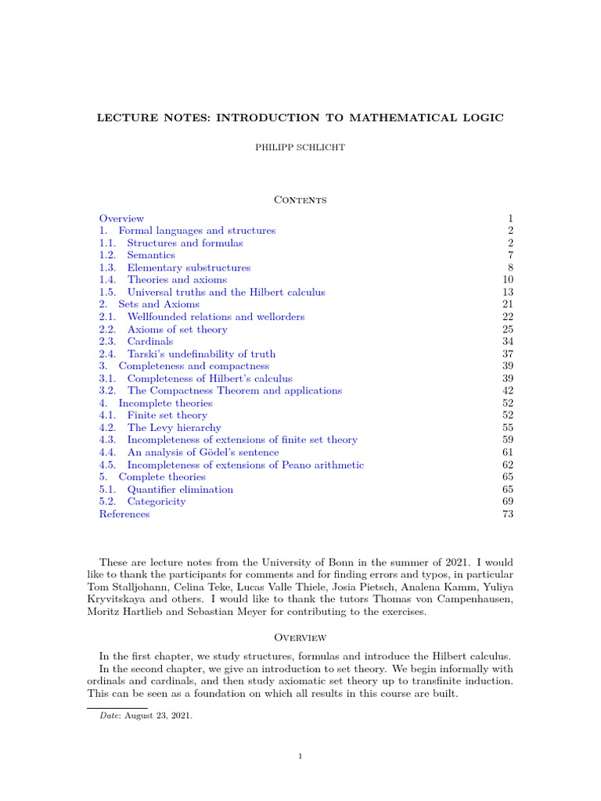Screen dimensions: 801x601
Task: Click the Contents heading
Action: tap(300, 200)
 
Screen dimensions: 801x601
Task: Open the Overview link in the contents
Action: tap(121, 218)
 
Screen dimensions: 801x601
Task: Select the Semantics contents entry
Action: tap(151, 255)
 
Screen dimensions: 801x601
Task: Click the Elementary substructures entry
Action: tap(189, 268)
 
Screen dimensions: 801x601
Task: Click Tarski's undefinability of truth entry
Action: tap(201, 354)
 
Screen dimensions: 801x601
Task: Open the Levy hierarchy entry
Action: tap(174, 428)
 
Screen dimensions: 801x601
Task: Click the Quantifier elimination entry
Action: tap(180, 489)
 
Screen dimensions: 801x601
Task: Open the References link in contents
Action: tap(124, 514)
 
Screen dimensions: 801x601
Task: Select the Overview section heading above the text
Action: tap(300, 638)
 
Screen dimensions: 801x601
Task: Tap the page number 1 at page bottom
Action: tap(300, 756)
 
